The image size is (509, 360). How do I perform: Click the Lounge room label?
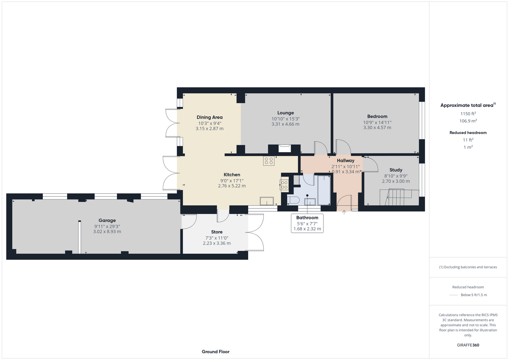[x=285, y=113]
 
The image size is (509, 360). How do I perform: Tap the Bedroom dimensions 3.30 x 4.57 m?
[x=377, y=128]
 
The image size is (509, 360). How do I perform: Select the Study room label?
[x=396, y=170]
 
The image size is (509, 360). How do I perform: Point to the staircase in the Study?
[x=399, y=197]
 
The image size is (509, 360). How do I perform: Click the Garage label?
[x=107, y=220]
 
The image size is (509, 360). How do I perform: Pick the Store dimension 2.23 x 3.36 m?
[x=217, y=243]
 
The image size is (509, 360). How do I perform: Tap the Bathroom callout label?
[x=307, y=217]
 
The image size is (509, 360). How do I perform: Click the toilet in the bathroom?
[x=293, y=200]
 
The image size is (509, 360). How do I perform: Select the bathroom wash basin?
[x=310, y=201]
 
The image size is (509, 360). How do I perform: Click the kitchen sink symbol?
[x=267, y=201]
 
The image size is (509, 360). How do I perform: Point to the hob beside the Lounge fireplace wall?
[x=269, y=161]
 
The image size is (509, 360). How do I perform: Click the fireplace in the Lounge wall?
[x=285, y=149]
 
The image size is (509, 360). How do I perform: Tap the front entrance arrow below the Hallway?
[x=344, y=212]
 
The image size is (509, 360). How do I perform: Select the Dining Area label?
[x=210, y=117]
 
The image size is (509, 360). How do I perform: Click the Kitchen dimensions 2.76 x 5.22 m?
[x=232, y=186]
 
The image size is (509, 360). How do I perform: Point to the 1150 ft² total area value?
[x=468, y=113]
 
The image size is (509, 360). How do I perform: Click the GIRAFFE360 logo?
[x=468, y=345]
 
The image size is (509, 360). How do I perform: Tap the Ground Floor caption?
[x=215, y=352]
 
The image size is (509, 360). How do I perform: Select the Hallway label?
[x=345, y=161]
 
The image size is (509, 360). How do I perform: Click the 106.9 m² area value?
[x=468, y=121]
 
